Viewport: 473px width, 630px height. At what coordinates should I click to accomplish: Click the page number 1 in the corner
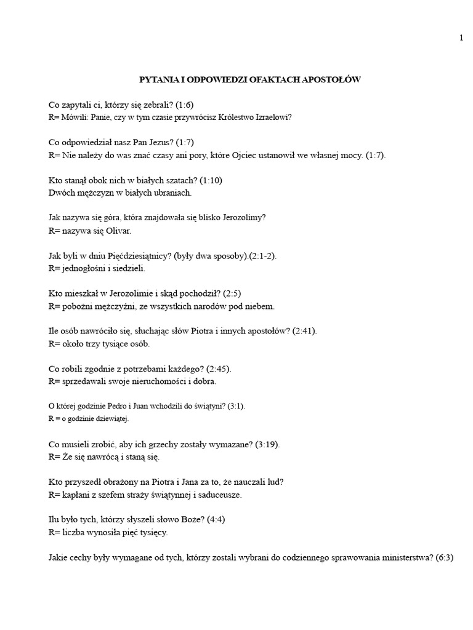[461, 38]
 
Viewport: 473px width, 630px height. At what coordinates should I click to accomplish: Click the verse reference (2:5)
[222, 293]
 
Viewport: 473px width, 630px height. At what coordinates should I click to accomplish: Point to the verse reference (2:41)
[305, 331]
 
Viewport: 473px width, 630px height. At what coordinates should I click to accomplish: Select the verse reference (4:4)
[203, 520]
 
